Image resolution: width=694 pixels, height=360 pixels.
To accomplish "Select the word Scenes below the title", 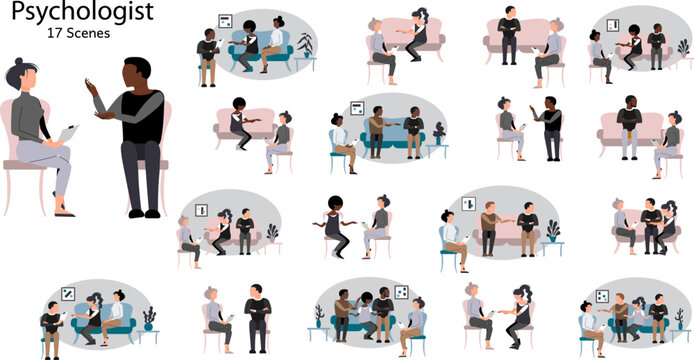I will coord(88,33).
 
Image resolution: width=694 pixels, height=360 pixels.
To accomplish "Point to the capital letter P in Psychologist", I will coord(11,12).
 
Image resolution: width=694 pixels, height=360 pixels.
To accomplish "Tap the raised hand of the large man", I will coord(95,93).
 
